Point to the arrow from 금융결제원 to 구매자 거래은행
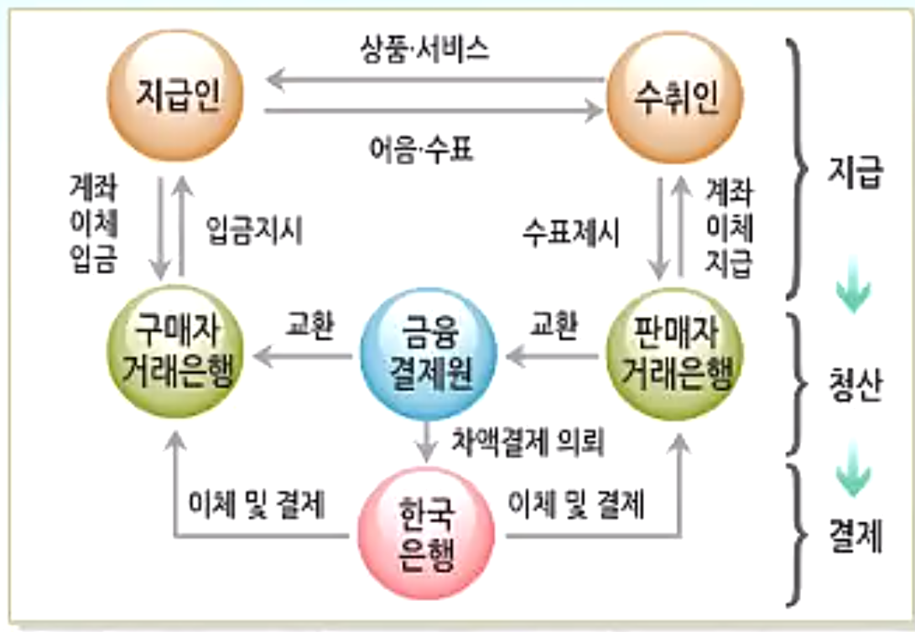click(x=301, y=359)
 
